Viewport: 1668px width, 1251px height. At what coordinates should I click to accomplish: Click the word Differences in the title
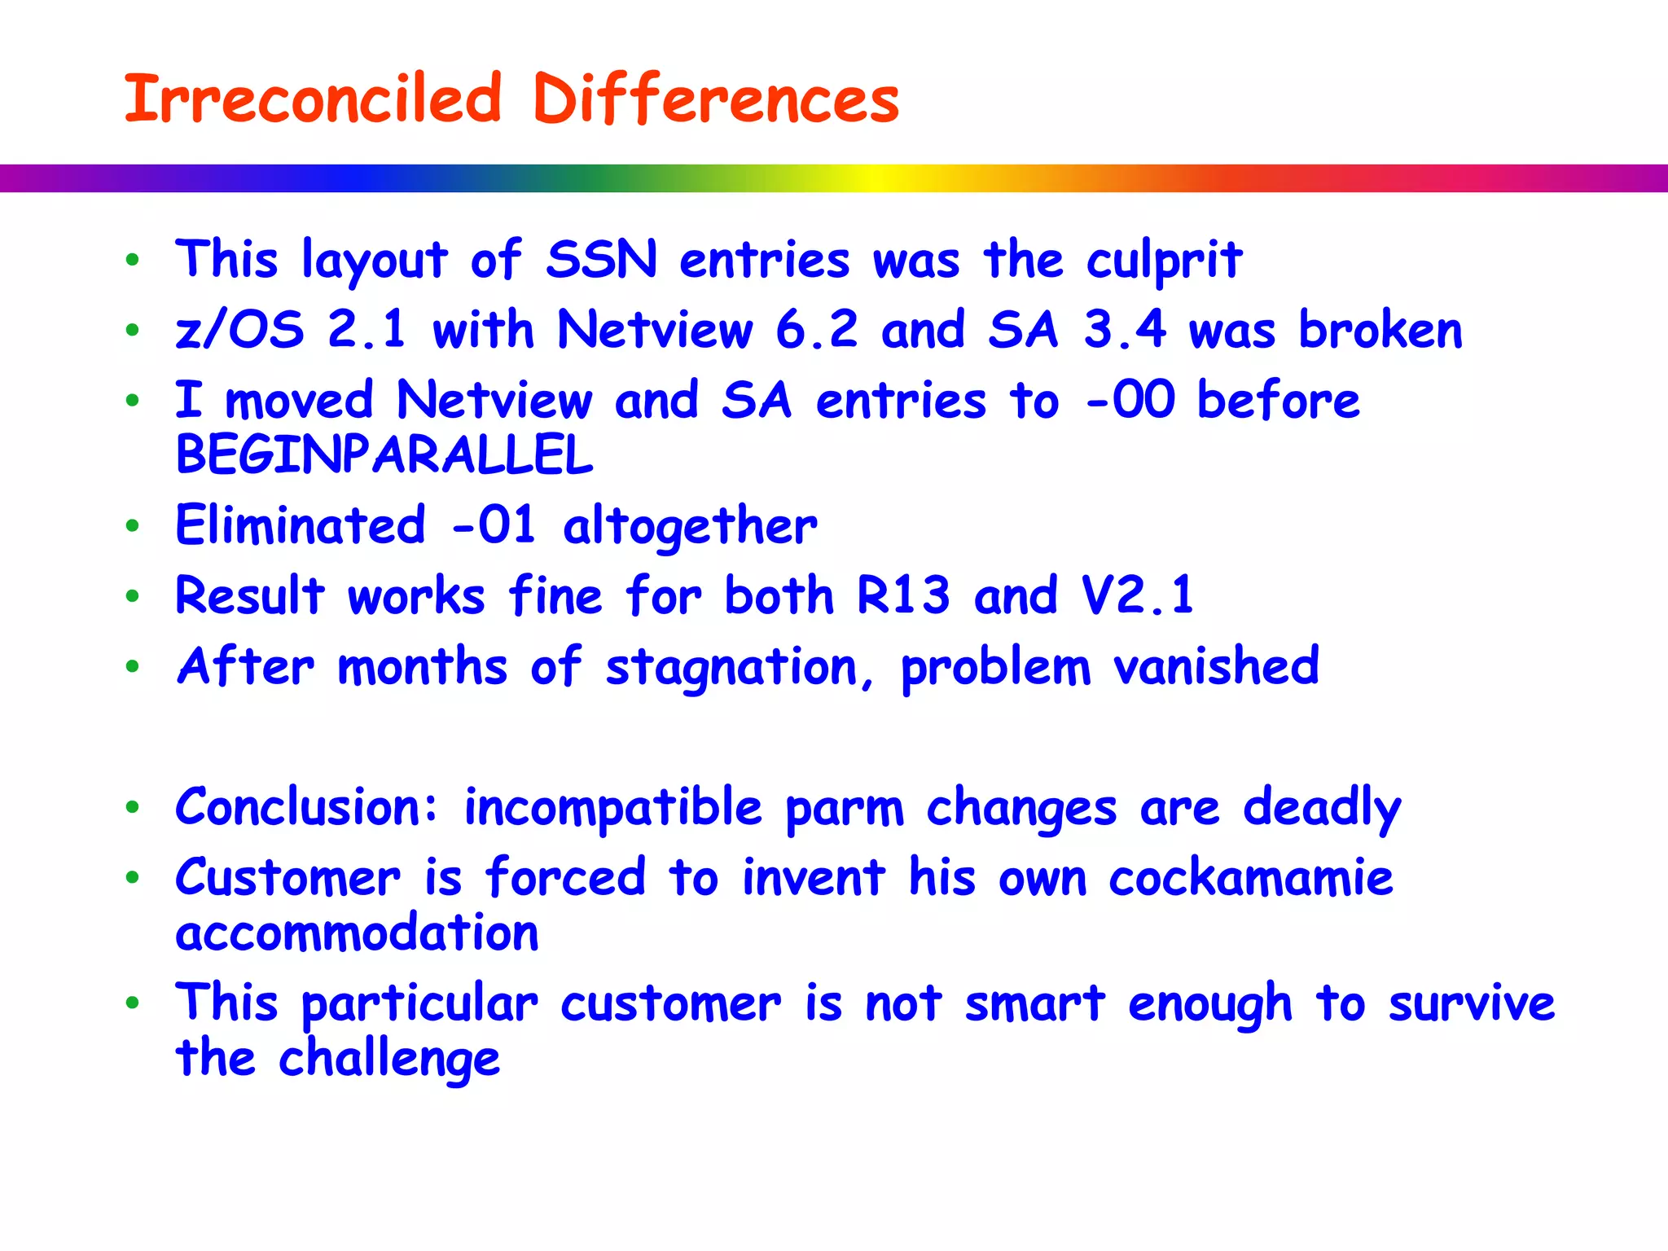pyautogui.click(x=715, y=99)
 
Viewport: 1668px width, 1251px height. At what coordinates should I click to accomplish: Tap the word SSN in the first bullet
pyautogui.click(x=601, y=261)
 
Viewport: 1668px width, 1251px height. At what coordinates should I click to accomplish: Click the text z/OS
pyautogui.click(x=239, y=331)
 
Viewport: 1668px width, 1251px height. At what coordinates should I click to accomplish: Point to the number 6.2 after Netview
pyautogui.click(x=816, y=331)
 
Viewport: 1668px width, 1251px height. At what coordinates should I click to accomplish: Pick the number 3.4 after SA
pyautogui.click(x=1124, y=331)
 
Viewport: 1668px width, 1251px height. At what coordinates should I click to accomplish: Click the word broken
pyautogui.click(x=1380, y=331)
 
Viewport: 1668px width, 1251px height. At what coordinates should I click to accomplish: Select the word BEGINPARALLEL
pyautogui.click(x=384, y=455)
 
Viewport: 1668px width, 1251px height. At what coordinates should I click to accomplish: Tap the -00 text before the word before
pyautogui.click(x=1131, y=401)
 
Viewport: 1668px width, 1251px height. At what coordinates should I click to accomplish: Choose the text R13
pyautogui.click(x=902, y=595)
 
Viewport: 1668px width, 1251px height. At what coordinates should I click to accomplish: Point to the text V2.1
pyautogui.click(x=1137, y=595)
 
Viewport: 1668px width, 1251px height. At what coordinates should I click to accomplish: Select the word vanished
pyautogui.click(x=1215, y=666)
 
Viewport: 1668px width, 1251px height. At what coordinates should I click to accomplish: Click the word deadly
pyautogui.click(x=1321, y=809)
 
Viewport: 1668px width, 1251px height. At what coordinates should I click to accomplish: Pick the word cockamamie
pyautogui.click(x=1250, y=878)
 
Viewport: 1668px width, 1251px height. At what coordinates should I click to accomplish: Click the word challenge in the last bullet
pyautogui.click(x=388, y=1060)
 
